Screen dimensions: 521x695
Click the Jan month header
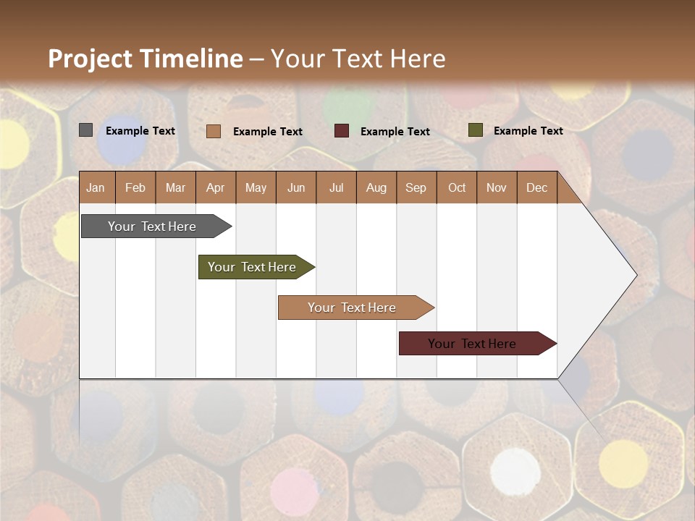pos(96,187)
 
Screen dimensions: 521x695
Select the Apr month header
pos(216,187)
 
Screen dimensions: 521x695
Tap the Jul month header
pos(336,187)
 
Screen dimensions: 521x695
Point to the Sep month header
pos(416,187)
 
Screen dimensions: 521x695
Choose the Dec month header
pos(536,187)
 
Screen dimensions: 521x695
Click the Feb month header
pos(135,187)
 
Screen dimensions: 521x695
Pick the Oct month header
pos(457,187)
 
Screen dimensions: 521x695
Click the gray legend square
pos(86,130)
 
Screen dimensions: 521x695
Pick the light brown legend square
pos(214,131)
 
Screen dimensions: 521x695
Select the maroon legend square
pos(342,131)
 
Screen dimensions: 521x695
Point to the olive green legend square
pos(475,130)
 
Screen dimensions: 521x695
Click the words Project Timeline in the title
pos(146,59)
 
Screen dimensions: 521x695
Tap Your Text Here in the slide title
pos(358,59)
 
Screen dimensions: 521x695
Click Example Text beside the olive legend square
pos(528,131)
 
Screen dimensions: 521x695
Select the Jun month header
pos(296,187)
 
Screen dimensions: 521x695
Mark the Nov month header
pos(497,187)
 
